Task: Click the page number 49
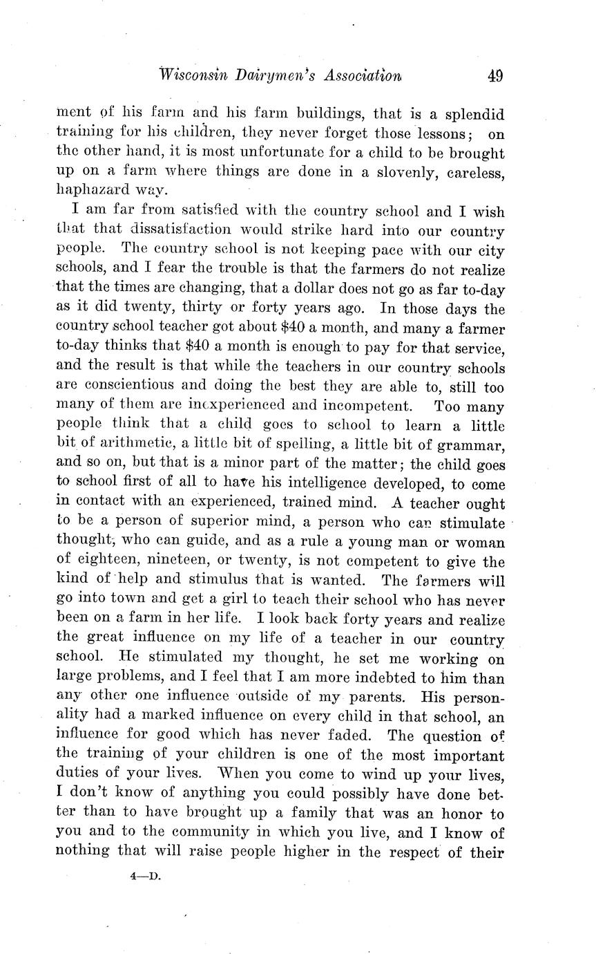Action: pos(494,76)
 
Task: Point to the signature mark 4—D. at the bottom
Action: pos(144,876)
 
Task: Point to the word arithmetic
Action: pos(133,445)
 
